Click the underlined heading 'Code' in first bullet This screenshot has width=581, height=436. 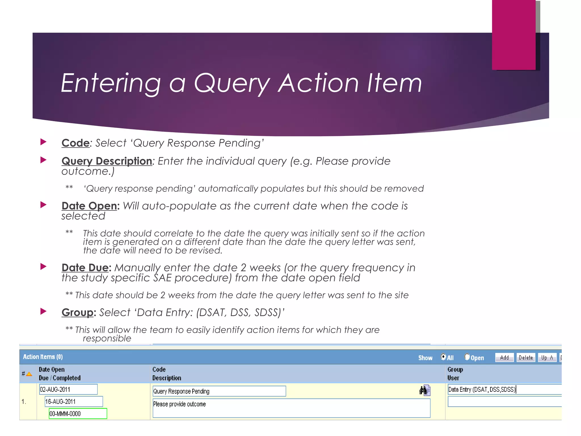[75, 143]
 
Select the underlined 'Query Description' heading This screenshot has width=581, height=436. [107, 161]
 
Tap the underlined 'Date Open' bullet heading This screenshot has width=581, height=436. [89, 206]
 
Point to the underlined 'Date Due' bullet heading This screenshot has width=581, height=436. [85, 268]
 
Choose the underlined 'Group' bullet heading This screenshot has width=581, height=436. [77, 313]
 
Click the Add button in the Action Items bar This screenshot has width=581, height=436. [504, 358]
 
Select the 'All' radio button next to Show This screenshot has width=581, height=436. [443, 357]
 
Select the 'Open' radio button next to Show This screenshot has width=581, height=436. [467, 357]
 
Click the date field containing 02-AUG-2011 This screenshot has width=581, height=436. [68, 389]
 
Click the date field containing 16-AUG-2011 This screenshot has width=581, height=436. [74, 402]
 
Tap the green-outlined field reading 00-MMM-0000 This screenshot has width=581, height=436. [78, 414]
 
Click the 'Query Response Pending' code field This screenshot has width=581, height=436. [219, 391]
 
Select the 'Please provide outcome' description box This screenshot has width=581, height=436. [291, 408]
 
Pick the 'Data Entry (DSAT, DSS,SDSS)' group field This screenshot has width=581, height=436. [504, 389]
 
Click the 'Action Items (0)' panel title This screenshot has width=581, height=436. [43, 357]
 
